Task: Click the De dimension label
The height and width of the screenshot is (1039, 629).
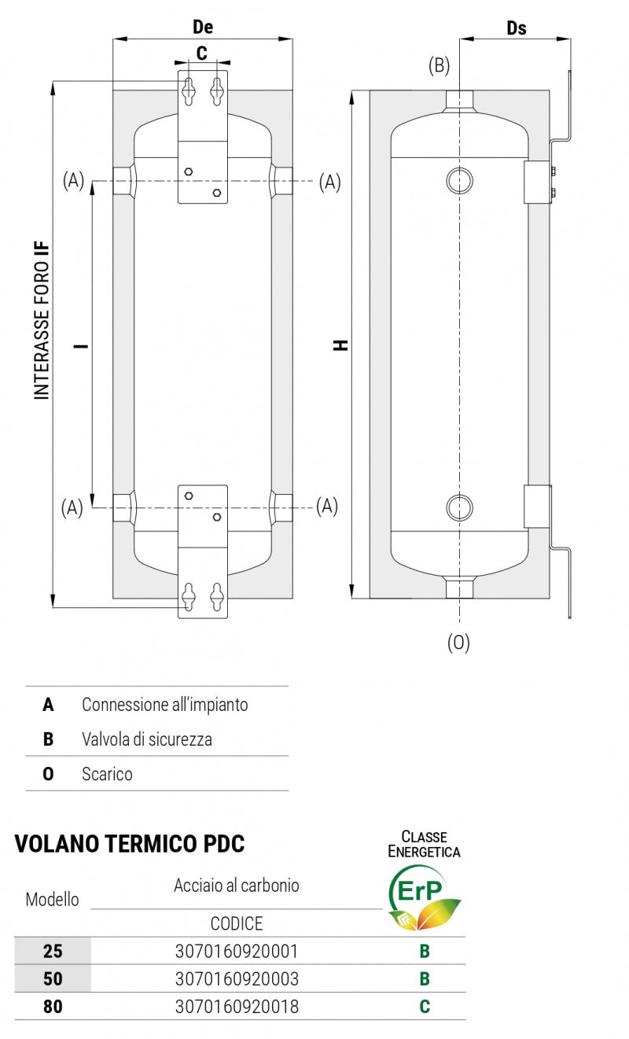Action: coord(203,27)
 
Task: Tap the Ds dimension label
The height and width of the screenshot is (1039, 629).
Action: coord(516,28)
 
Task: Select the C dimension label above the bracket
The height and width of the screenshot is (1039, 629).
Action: coord(201,53)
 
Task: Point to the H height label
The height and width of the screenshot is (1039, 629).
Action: coord(340,344)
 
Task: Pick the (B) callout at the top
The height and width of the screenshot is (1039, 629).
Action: coord(439,66)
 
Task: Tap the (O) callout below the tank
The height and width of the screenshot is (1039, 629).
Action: coord(458,643)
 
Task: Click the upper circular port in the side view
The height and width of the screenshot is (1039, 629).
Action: coord(460,181)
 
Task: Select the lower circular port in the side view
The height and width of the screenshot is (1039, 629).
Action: coord(460,507)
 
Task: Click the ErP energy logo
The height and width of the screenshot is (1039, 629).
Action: coord(425,897)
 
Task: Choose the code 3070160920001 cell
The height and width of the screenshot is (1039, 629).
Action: coord(236,951)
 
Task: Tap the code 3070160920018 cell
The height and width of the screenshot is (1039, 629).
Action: coord(236,1006)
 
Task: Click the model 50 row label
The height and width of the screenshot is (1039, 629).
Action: coord(53,978)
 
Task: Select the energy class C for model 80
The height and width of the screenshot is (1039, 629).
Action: coord(425,1006)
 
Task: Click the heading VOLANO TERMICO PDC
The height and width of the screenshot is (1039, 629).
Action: coord(130,844)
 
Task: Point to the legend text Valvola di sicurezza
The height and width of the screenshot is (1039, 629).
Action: coord(147,739)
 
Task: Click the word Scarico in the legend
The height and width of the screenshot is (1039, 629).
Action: coord(107,774)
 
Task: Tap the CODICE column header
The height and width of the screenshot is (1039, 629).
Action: coord(236,923)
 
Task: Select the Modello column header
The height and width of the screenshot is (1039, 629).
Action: coord(53,899)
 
